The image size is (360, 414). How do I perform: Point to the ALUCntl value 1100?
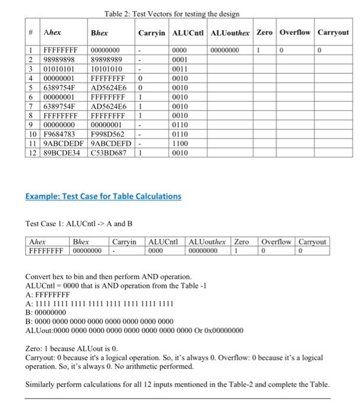[179, 144]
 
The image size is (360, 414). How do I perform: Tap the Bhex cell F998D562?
[108, 135]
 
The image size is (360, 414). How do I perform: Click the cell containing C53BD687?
[109, 153]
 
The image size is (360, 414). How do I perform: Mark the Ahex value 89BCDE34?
[62, 153]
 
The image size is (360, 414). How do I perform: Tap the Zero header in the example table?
[242, 242]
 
